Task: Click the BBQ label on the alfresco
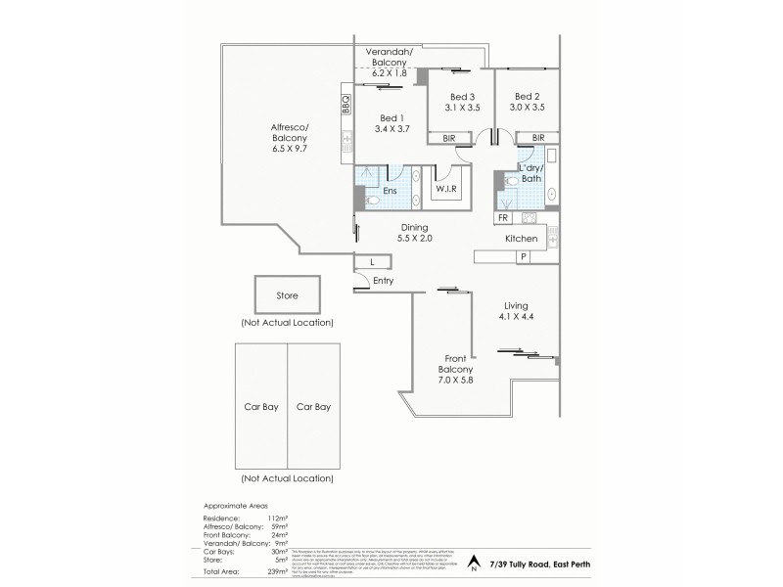(x=345, y=103)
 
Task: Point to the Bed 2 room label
(x=528, y=96)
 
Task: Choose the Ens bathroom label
(x=389, y=191)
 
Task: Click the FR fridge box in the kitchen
(x=503, y=218)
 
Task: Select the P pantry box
(x=523, y=256)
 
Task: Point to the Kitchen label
(x=520, y=239)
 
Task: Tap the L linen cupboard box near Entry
(x=372, y=261)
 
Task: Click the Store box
(x=287, y=294)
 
